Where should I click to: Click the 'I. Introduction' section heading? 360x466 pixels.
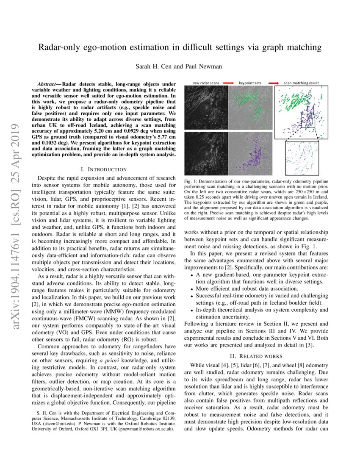pyautogui.click(x=103, y=169)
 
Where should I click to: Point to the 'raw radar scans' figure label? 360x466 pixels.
pyautogui.click(x=206, y=83)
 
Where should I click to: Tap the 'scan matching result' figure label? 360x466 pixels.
pyautogui.click(x=301, y=83)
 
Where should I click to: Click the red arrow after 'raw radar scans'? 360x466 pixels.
pyautogui.click(x=229, y=83)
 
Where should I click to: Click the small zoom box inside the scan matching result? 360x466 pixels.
pyautogui.click(x=308, y=121)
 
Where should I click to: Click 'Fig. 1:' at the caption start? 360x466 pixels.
pyautogui.click(x=192, y=182)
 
